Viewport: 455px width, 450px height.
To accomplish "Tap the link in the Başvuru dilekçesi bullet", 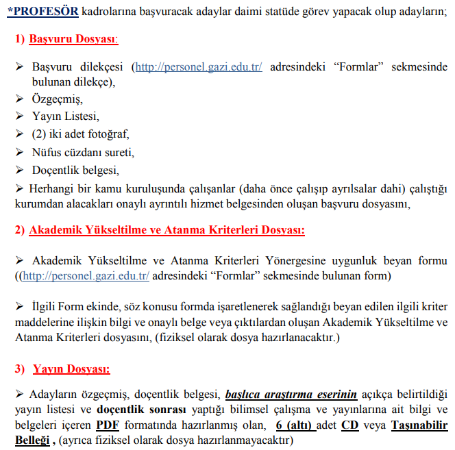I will (x=199, y=67).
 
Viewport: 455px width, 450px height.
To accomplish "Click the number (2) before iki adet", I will (x=39, y=134).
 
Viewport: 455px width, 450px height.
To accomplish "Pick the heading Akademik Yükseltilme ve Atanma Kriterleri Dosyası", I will (x=167, y=230).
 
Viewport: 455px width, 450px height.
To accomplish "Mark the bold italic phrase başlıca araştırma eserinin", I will (x=291, y=394).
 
